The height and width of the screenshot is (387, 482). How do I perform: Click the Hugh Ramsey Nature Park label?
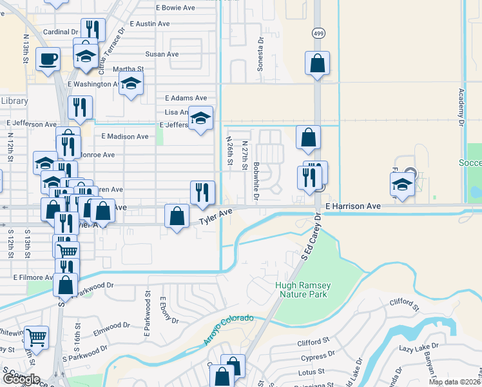[x=301, y=290]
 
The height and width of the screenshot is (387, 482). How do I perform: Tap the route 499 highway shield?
[x=319, y=33]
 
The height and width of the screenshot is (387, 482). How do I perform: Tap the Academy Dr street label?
[x=461, y=103]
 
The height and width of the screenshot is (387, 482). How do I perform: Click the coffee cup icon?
[x=48, y=59]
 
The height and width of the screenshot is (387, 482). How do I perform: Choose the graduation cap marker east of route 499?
[x=403, y=184]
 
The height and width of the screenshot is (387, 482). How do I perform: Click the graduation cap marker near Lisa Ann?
[x=200, y=118]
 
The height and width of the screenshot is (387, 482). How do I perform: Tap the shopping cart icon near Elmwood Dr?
[x=36, y=336]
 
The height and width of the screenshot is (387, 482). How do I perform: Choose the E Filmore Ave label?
[x=33, y=277]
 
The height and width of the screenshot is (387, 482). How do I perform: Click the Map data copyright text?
[x=455, y=382]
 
